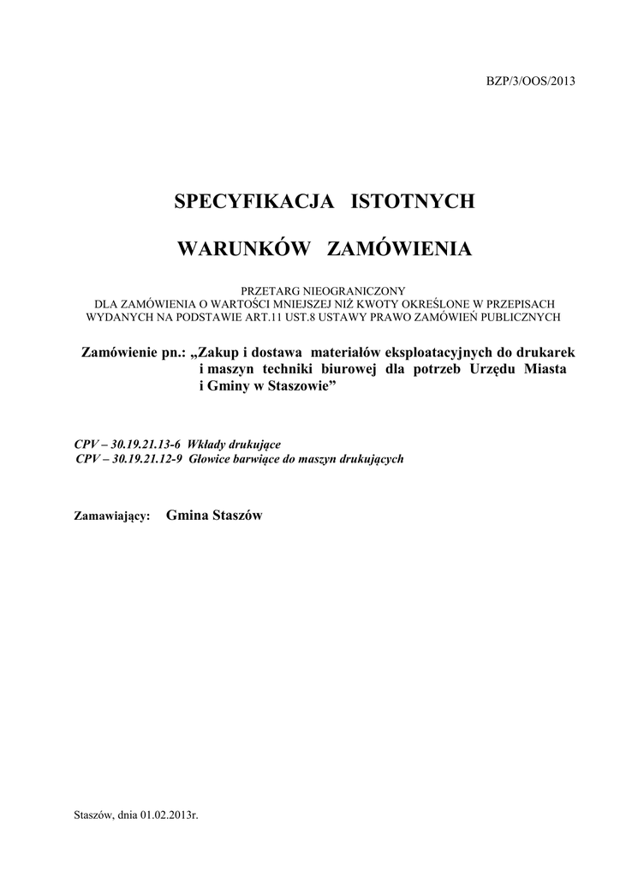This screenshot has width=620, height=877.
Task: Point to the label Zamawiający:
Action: click(x=113, y=517)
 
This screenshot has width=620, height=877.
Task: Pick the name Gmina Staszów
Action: click(x=214, y=516)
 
